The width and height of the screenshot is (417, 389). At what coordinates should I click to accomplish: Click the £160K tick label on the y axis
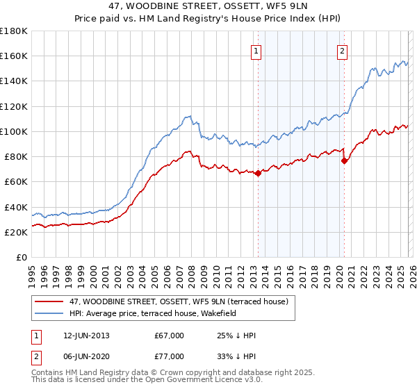pos(14,56)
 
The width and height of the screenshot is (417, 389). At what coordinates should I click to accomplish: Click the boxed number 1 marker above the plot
pos(256,50)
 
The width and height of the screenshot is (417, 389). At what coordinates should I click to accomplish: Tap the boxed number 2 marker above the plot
pos(343,50)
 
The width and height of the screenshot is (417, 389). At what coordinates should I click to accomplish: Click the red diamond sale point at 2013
pos(258,173)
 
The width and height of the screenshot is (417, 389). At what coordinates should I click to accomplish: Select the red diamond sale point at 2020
pos(344,160)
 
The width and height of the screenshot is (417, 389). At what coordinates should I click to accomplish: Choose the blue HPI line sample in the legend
pos(49,313)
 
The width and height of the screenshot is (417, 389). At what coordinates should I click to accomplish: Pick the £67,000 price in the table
pos(169,336)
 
